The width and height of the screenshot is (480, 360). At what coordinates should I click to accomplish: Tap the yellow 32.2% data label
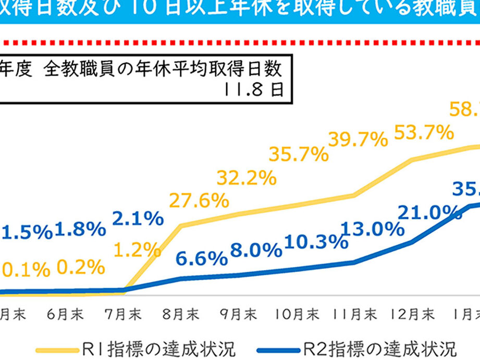pos(246,178)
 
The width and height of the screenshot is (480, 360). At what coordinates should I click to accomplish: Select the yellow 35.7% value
pos(299,154)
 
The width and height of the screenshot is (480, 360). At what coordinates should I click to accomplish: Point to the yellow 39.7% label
pos(358,139)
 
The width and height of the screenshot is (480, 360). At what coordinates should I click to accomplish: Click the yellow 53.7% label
pos(424,133)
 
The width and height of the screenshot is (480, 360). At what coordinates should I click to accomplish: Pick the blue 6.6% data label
pos(202,257)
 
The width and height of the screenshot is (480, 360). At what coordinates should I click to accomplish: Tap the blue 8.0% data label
pos(255,250)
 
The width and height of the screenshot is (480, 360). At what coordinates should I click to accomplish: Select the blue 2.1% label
pos(138,220)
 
